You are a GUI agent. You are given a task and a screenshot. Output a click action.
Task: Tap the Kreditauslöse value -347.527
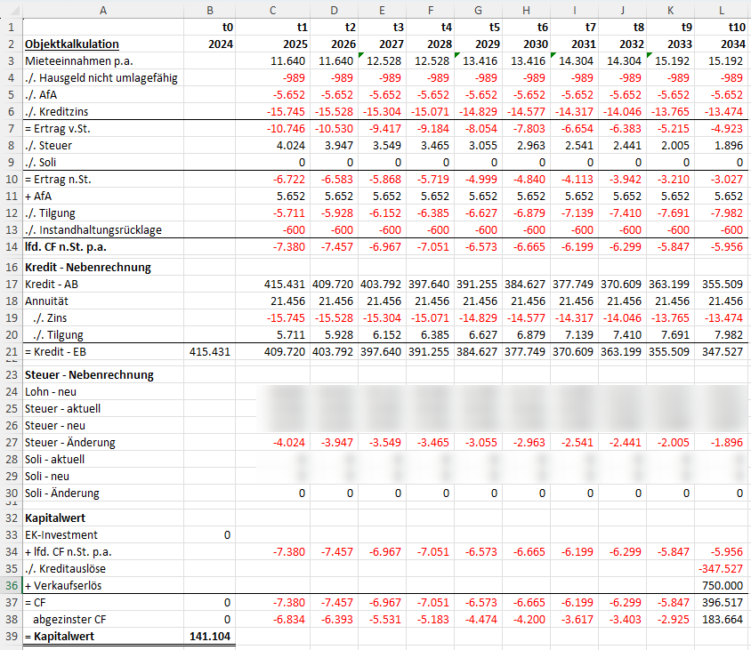(x=721, y=569)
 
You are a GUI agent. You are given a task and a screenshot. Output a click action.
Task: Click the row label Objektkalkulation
(x=73, y=44)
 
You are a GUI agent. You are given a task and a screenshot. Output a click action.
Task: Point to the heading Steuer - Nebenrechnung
(x=90, y=374)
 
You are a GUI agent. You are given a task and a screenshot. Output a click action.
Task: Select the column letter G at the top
(x=479, y=10)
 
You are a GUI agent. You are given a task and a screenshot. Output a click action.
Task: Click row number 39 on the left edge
(x=11, y=637)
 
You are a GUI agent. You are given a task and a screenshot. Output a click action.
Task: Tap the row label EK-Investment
(x=62, y=535)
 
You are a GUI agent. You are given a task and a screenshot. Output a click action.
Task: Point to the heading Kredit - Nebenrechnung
(x=88, y=267)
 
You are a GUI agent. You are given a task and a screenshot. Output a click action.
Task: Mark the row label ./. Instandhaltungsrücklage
(x=93, y=229)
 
